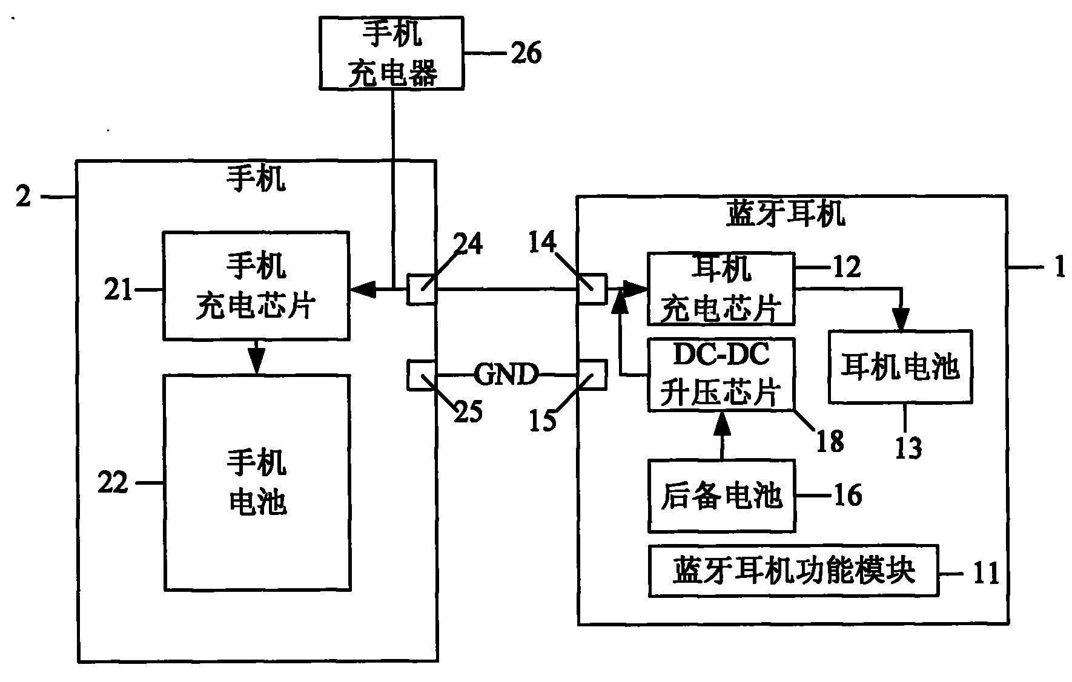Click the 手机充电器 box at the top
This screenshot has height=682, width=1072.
coord(392,53)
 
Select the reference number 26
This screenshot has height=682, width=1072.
coord(526,53)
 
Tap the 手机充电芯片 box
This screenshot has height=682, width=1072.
coord(256,285)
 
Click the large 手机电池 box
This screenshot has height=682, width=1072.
coord(257,482)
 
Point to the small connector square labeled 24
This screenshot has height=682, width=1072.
coord(421,289)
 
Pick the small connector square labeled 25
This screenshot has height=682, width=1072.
coord(421,375)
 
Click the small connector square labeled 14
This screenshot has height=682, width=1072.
coord(592,289)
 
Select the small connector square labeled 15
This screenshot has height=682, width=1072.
coord(592,375)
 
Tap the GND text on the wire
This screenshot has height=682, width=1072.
coord(506,375)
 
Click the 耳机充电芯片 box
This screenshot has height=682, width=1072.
coord(721,289)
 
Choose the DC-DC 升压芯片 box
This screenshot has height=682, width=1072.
coord(721,375)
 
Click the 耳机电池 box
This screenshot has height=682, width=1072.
coord(900,367)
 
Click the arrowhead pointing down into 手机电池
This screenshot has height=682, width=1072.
coord(257,365)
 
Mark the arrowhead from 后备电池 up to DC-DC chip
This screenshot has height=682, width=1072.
coord(721,424)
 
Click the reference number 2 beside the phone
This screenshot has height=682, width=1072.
coord(23,197)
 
